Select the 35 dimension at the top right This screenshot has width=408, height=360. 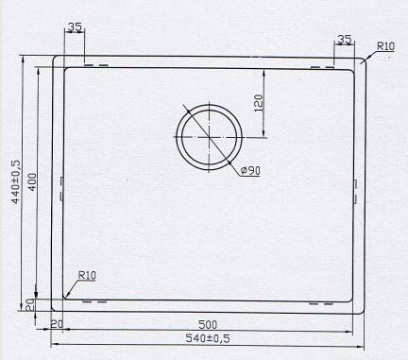[344, 40]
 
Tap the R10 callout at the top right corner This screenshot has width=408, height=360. [384, 45]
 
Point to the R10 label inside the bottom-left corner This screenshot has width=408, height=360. [87, 275]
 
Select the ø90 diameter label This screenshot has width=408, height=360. [250, 170]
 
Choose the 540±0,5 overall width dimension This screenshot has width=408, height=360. [207, 336]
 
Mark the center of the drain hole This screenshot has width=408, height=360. [205, 136]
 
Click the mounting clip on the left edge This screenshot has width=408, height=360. [60, 185]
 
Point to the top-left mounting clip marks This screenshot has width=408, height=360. [95, 66]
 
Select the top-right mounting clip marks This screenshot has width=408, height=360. [322, 67]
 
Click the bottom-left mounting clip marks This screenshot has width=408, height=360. [95, 302]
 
